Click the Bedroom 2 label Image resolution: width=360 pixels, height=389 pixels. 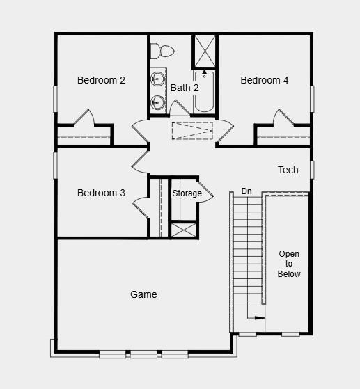(x=101, y=80)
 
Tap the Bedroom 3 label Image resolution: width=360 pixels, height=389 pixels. (x=101, y=193)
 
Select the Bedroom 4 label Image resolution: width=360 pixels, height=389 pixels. (x=265, y=80)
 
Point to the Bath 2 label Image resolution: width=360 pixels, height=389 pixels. (x=185, y=88)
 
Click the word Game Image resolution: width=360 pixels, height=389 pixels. (x=143, y=294)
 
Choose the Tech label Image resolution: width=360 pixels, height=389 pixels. (x=288, y=170)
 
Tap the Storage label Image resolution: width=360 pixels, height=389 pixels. (x=187, y=193)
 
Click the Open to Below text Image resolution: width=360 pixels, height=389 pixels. (x=289, y=264)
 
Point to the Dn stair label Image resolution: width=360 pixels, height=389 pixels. (x=246, y=191)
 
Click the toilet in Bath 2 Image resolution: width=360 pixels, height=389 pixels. (x=164, y=51)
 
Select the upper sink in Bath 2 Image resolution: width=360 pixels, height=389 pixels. (x=159, y=77)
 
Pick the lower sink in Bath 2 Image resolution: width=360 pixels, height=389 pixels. (x=159, y=103)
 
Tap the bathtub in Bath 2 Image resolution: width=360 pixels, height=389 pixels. (x=205, y=92)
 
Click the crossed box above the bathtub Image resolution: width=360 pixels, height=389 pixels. (x=205, y=50)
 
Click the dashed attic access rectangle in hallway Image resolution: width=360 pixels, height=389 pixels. (x=193, y=131)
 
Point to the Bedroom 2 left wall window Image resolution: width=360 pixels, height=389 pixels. (x=55, y=97)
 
